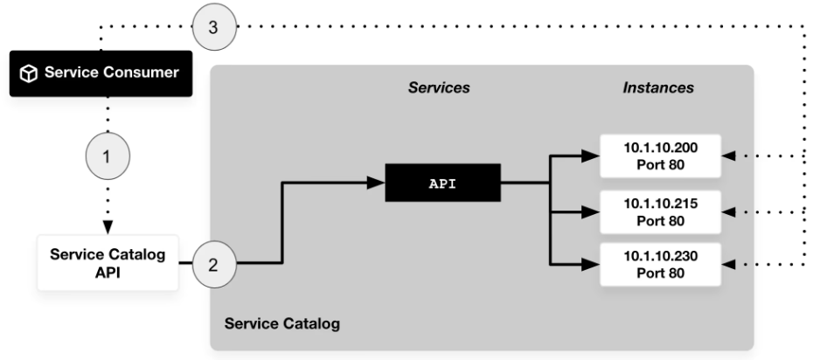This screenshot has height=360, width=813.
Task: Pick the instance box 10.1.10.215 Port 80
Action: click(x=659, y=211)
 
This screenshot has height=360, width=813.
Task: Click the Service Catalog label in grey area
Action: click(x=282, y=324)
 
